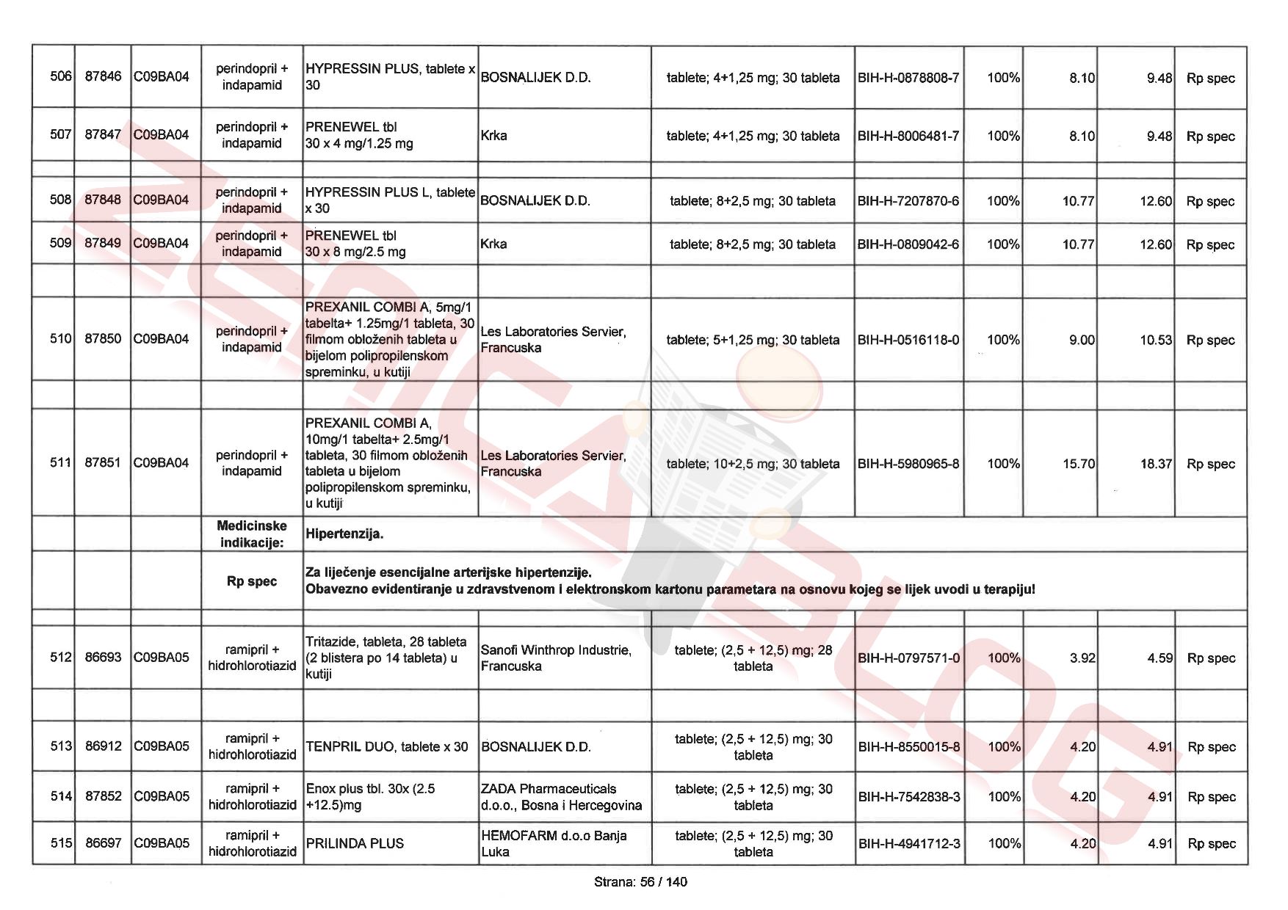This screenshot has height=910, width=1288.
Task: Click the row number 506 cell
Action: click(x=60, y=77)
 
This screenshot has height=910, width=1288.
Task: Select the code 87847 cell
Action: click(x=103, y=135)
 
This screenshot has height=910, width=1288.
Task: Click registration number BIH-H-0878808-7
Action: click(x=908, y=78)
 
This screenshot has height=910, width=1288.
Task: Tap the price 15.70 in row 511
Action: click(x=1078, y=464)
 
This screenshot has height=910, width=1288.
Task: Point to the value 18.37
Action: click(x=1156, y=464)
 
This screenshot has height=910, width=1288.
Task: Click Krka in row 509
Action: click(x=494, y=244)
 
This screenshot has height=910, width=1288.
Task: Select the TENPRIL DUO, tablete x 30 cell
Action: click(x=387, y=746)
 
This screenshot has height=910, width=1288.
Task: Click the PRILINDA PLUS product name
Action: click(x=355, y=843)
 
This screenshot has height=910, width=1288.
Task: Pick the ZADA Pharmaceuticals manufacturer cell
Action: click(x=561, y=797)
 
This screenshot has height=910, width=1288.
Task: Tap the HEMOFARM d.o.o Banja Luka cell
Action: click(x=554, y=843)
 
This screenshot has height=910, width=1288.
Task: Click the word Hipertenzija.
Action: click(x=344, y=534)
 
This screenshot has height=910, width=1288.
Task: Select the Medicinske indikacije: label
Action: click(x=252, y=534)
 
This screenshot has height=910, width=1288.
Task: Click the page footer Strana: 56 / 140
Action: click(x=640, y=881)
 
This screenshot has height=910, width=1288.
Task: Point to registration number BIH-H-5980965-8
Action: click(x=908, y=464)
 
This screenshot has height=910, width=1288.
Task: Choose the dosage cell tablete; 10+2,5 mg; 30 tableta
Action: click(x=753, y=464)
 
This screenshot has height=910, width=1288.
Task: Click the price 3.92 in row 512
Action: click(x=1082, y=658)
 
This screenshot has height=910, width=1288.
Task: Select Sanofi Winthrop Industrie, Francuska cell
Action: click(x=556, y=658)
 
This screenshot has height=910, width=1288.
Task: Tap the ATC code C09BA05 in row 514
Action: click(x=162, y=796)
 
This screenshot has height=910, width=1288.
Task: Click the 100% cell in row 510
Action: click(x=1003, y=340)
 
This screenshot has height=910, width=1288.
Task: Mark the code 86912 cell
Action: click(x=103, y=746)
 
